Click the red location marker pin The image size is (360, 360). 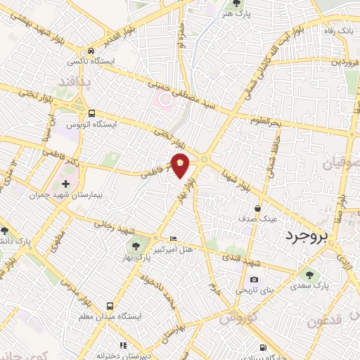[181, 165]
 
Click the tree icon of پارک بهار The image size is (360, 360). [135, 246]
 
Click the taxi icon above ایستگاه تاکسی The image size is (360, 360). [91, 51]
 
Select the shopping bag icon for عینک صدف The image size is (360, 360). [257, 208]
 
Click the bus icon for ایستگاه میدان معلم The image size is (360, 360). [109, 306]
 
